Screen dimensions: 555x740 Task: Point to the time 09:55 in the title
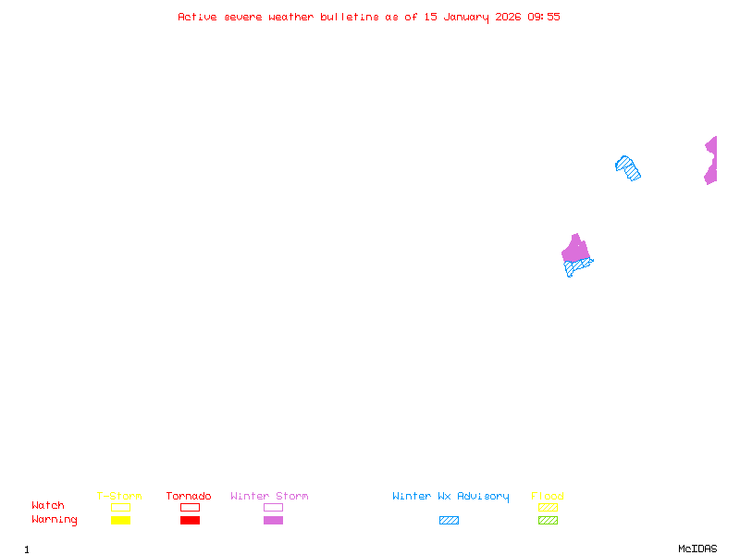pyautogui.click(x=543, y=17)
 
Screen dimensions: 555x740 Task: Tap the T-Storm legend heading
pyautogui.click(x=119, y=497)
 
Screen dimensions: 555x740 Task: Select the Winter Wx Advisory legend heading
pyautogui.click(x=450, y=497)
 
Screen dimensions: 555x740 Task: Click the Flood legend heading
pyautogui.click(x=548, y=497)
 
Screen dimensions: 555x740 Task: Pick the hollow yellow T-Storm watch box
pyautogui.click(x=120, y=507)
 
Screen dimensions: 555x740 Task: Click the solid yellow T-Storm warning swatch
pyautogui.click(x=120, y=521)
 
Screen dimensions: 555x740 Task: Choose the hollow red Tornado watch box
pyautogui.click(x=190, y=507)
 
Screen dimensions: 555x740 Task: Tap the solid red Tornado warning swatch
pyautogui.click(x=190, y=521)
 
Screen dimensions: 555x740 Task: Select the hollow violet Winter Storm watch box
pyautogui.click(x=273, y=507)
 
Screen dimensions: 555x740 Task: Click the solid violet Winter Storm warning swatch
pyautogui.click(x=273, y=521)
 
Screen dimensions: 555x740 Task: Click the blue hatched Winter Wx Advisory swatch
pyautogui.click(x=449, y=521)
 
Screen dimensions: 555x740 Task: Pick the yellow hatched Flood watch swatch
pyautogui.click(x=548, y=507)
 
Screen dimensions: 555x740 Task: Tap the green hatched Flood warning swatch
pyautogui.click(x=548, y=521)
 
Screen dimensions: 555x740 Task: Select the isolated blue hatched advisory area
pyautogui.click(x=628, y=168)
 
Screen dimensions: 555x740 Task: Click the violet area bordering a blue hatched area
pyautogui.click(x=575, y=249)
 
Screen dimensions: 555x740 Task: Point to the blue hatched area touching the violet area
pyautogui.click(x=578, y=267)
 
